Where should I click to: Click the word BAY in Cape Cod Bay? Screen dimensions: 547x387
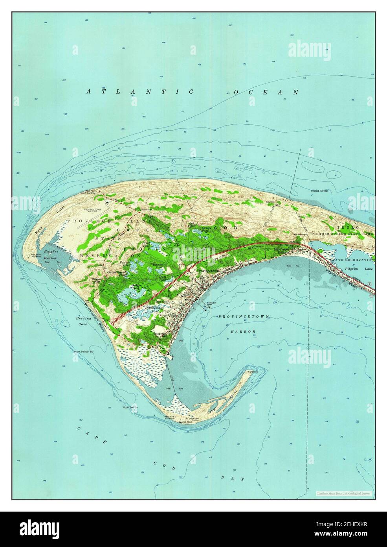tap(237, 479)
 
